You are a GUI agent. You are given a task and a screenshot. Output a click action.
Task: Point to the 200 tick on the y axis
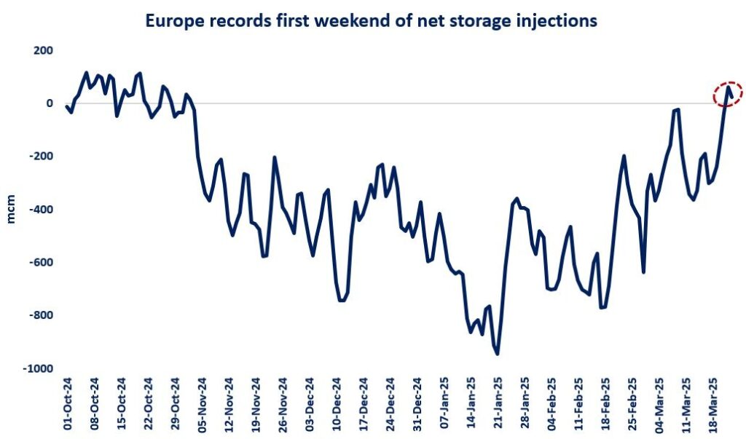pos(42,50)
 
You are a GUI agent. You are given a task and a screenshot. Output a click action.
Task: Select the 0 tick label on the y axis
pos(50,103)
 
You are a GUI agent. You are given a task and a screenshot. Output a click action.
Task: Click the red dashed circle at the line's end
pos(727,93)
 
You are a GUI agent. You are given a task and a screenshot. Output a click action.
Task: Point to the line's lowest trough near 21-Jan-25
pos(498,354)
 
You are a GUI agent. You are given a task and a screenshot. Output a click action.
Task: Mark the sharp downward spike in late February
pos(643,272)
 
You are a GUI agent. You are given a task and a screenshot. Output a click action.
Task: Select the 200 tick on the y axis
pos(42,50)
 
